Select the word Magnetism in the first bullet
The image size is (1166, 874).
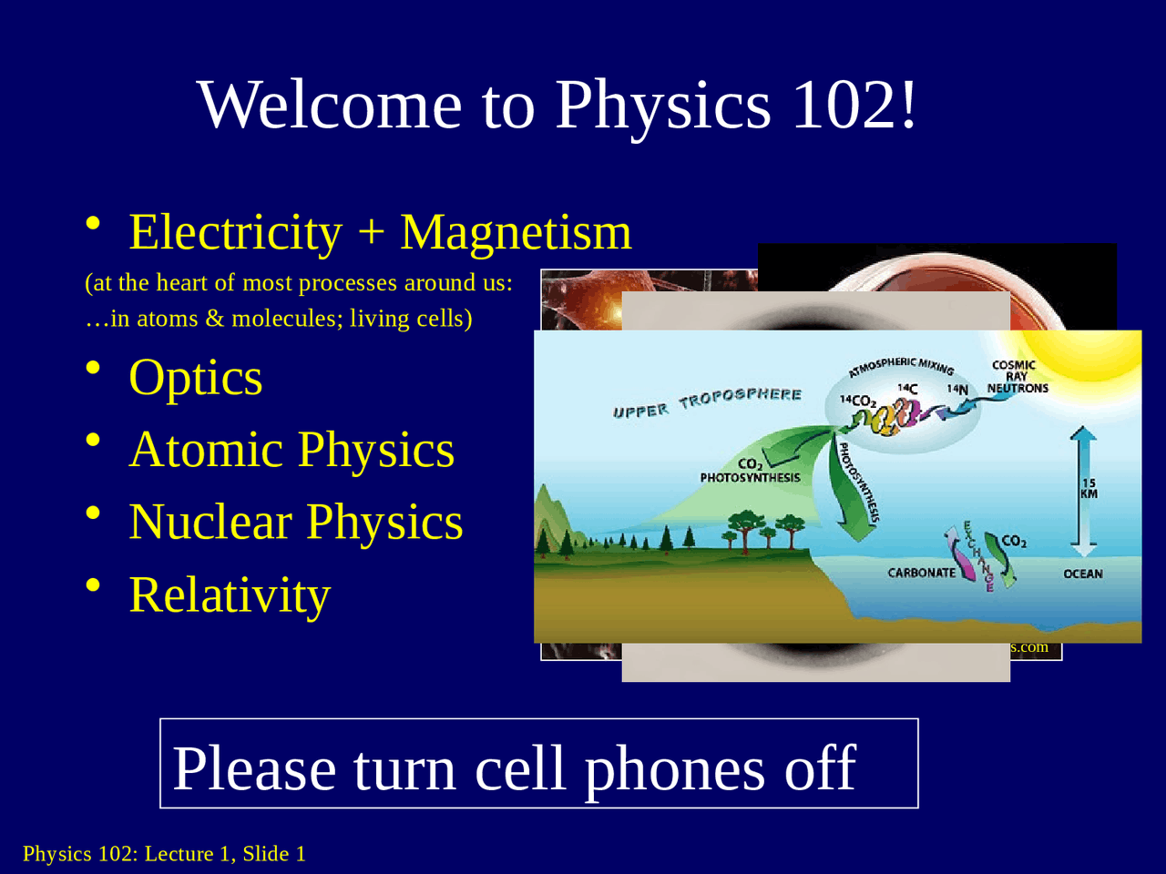click(x=516, y=232)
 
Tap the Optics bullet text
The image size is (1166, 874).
click(x=196, y=378)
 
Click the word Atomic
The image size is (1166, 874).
click(x=207, y=450)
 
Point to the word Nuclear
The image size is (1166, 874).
click(x=210, y=523)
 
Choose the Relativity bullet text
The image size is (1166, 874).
click(x=230, y=595)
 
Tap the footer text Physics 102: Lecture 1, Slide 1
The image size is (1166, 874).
click(x=164, y=854)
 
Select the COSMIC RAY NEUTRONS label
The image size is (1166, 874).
click(x=1018, y=377)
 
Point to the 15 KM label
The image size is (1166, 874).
click(x=1089, y=489)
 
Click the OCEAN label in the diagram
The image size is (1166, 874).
click(x=1083, y=574)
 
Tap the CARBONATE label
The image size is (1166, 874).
click(x=922, y=573)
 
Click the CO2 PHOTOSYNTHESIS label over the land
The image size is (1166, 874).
click(x=750, y=471)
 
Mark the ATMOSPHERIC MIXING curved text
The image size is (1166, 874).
click(x=902, y=366)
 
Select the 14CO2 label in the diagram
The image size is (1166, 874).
click(x=857, y=401)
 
